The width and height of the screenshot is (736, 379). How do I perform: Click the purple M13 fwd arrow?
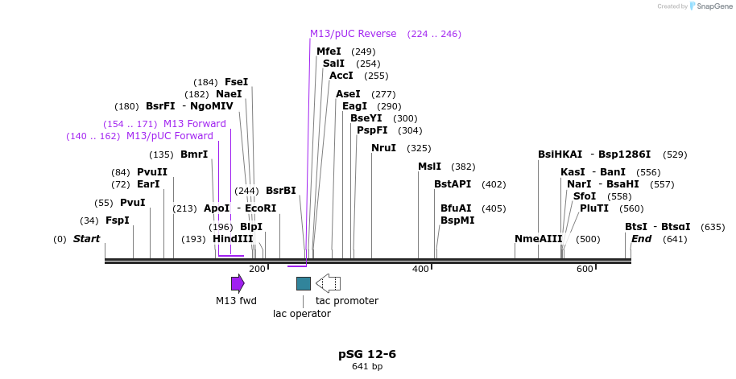238,283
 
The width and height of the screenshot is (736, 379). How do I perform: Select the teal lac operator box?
304,283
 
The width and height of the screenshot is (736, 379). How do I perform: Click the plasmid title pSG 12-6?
367,354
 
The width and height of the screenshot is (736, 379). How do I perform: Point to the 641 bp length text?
367,367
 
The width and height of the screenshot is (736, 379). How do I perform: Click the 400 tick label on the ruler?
420,269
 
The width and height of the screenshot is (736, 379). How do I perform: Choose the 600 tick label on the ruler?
585,269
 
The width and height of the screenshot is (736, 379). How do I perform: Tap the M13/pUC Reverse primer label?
354,34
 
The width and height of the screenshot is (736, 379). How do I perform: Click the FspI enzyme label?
118,220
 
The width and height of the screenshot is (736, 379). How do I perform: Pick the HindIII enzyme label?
233,239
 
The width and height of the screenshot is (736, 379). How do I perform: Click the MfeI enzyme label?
329,51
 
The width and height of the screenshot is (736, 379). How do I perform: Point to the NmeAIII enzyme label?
539,239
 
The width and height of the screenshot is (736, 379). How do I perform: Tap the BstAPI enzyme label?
453,184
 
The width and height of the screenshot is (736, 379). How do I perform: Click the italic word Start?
86,239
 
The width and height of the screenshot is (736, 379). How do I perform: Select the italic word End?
641,239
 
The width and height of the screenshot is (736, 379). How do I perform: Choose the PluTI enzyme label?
594,208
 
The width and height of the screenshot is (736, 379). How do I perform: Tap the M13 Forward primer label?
195,124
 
